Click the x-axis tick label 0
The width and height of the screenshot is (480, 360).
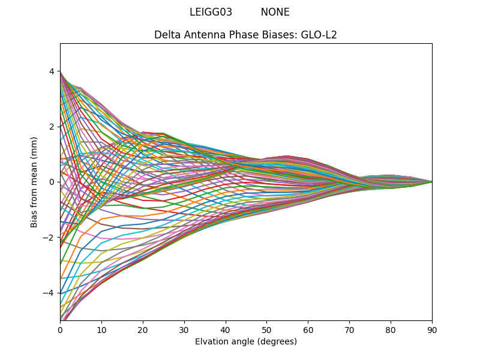coord(60,329)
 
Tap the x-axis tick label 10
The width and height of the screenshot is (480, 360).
coord(101,329)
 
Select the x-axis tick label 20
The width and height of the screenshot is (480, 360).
coord(143,329)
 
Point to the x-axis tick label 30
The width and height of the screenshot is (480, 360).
coord(184,329)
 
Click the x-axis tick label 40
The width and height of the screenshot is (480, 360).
coord(226,329)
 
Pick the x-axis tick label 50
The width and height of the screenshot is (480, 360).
coord(266,329)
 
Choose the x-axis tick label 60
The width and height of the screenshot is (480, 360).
coord(308,329)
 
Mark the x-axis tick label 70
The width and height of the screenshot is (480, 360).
coord(349,329)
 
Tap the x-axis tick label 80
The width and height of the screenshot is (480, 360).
coord(391,329)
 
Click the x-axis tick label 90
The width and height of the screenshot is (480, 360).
coord(432,329)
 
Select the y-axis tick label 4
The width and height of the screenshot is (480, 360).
coord(52,71)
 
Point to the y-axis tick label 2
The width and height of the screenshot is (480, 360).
coord(52,127)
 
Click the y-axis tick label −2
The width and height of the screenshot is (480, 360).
coord(49,238)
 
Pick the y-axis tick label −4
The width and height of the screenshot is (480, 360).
coord(49,293)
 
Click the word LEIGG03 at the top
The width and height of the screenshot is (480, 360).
coord(211,12)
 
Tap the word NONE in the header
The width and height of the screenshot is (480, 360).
coord(275,12)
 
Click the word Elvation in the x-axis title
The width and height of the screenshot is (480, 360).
coord(212,342)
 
